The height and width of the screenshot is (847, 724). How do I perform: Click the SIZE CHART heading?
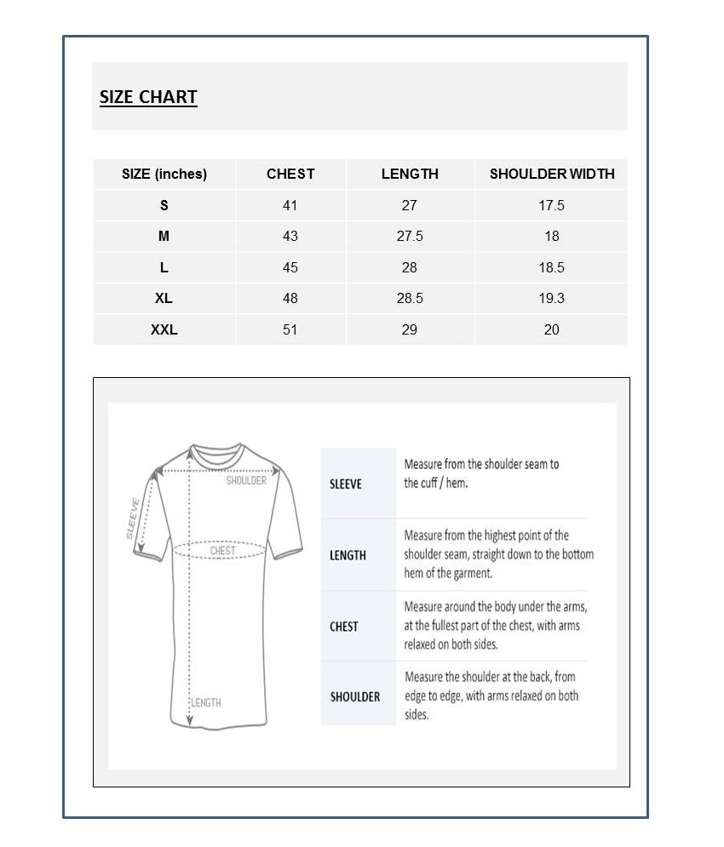click(x=148, y=97)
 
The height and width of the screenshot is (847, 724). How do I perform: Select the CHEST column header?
click(x=290, y=174)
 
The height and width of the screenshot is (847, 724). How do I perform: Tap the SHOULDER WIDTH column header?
click(x=551, y=174)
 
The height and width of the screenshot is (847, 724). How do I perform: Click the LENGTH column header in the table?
click(x=410, y=174)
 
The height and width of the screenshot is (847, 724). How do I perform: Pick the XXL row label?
click(x=164, y=329)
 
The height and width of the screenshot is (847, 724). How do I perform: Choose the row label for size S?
click(x=164, y=205)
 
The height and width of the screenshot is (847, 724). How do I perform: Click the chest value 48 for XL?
click(x=290, y=298)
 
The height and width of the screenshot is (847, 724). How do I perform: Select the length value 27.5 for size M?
click(x=410, y=236)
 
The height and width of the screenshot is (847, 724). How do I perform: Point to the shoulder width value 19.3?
click(x=551, y=298)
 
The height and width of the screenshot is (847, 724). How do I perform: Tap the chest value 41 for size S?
click(x=290, y=205)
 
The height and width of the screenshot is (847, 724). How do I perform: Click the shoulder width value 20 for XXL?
click(x=551, y=329)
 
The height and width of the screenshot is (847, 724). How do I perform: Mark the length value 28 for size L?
click(x=410, y=267)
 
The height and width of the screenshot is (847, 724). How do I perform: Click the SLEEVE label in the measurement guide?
click(x=346, y=484)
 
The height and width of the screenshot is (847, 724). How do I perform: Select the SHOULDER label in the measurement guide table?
click(x=355, y=696)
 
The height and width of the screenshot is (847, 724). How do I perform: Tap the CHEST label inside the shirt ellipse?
click(x=223, y=551)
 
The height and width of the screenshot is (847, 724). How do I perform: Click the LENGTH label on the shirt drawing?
click(x=206, y=702)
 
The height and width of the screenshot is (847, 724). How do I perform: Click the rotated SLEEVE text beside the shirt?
click(x=133, y=518)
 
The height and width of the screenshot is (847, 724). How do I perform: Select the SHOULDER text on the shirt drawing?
click(x=246, y=481)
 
